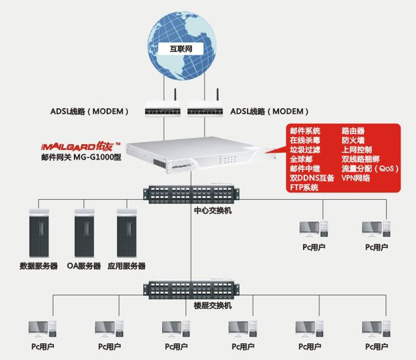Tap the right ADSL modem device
(206, 110)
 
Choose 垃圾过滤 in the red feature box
(305, 149)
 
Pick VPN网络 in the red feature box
(356, 178)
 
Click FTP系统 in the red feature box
(304, 188)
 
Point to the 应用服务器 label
(127, 266)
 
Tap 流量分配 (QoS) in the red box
(369, 169)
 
